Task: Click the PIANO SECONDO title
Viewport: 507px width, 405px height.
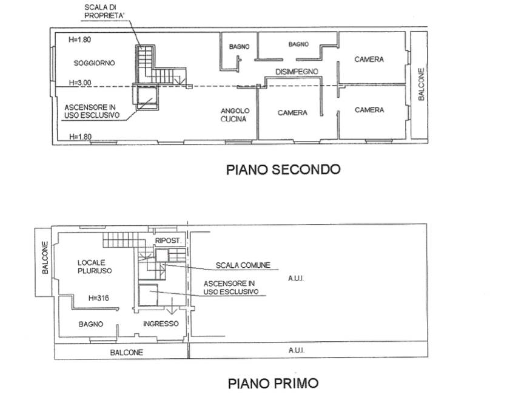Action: tap(283, 169)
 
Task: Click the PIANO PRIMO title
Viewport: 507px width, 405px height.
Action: tap(274, 383)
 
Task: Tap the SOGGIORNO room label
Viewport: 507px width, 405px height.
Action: tap(94, 63)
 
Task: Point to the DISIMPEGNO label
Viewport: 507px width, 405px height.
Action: tap(297, 72)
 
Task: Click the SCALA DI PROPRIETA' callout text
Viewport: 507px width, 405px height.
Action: tap(100, 12)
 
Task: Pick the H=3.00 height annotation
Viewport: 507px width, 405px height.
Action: tap(80, 83)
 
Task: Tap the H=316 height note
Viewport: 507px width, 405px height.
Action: tap(99, 298)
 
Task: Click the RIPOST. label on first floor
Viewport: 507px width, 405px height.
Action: tap(168, 240)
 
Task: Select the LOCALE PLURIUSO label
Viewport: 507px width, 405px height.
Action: tap(95, 267)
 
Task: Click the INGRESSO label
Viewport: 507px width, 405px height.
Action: tap(161, 324)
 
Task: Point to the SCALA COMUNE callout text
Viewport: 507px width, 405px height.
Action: tap(243, 265)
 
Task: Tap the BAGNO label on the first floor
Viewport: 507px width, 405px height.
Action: tap(91, 324)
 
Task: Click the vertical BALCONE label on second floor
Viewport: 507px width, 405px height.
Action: tap(421, 84)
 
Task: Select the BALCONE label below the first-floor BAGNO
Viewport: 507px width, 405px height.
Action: tap(126, 352)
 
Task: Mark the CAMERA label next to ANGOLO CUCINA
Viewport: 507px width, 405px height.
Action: tap(292, 113)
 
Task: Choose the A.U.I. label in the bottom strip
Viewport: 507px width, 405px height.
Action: tap(296, 350)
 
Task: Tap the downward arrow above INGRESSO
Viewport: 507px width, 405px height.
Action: tap(172, 306)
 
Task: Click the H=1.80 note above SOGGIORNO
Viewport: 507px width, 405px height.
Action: tap(80, 40)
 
